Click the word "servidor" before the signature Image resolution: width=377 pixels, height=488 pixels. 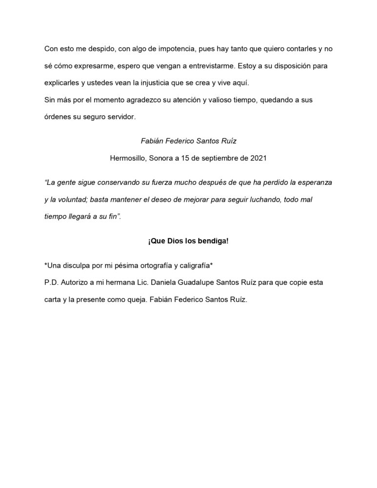coord(119,117)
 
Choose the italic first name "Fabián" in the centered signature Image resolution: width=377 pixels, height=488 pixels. coord(151,142)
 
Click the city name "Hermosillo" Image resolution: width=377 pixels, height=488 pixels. coord(130,158)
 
